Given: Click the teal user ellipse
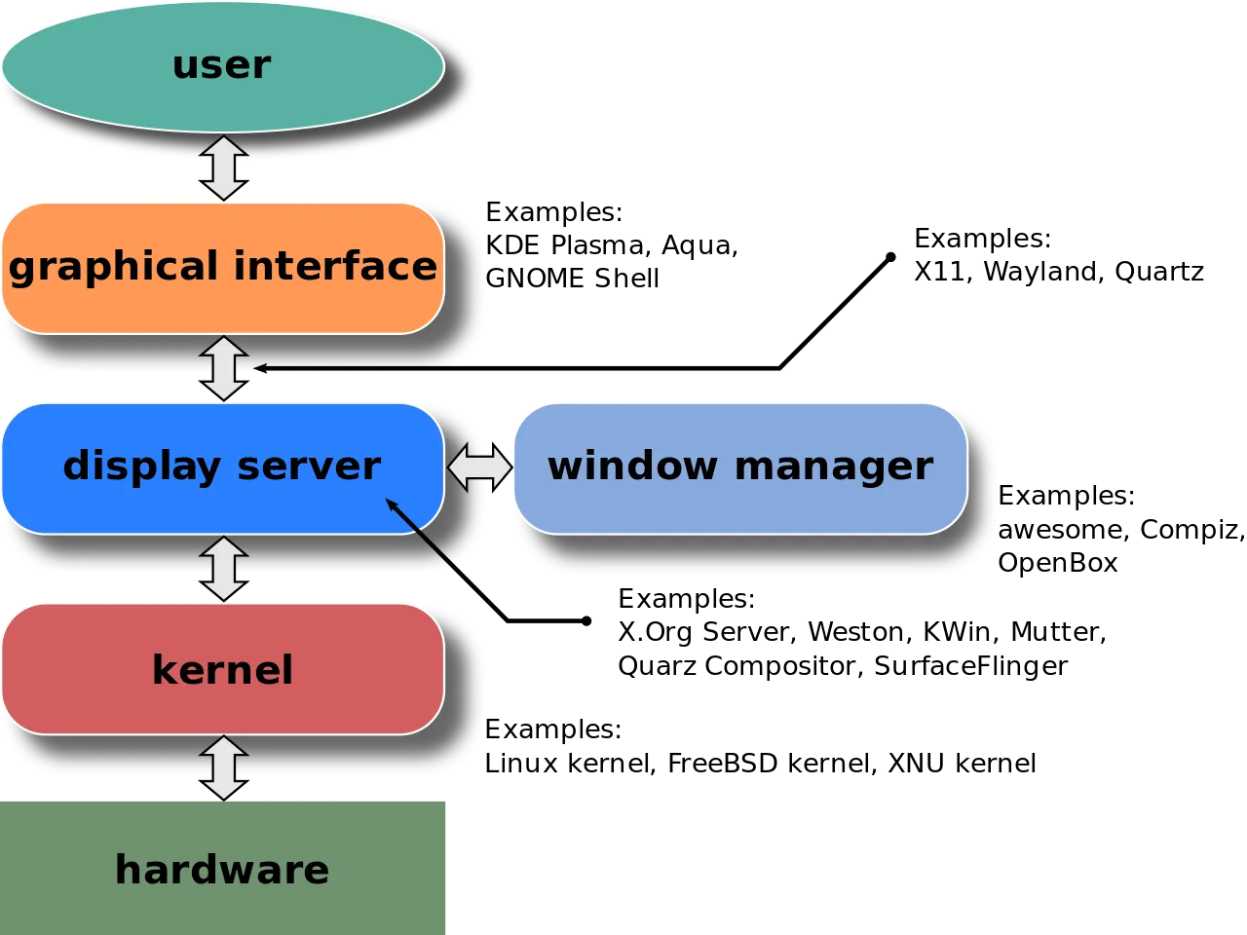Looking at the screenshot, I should (x=222, y=97).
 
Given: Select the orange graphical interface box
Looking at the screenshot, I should (x=222, y=307).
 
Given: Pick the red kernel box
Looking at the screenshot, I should (x=222, y=706).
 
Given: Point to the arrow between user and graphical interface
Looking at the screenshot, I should (x=224, y=168).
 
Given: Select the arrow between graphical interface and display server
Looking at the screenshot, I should (x=224, y=368).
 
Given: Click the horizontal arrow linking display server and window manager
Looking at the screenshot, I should (x=479, y=468).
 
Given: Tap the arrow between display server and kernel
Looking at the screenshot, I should (x=224, y=569).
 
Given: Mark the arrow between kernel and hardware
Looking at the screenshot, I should (x=224, y=768).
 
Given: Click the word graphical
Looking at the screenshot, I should (x=113, y=267).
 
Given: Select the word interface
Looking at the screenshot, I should (x=335, y=265).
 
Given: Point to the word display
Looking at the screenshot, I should (x=141, y=467).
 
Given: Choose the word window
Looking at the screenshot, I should (x=632, y=466).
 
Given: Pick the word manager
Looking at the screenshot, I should (x=834, y=467).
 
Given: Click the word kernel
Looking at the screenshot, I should (x=222, y=670).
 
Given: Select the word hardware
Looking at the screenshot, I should (x=222, y=870).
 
